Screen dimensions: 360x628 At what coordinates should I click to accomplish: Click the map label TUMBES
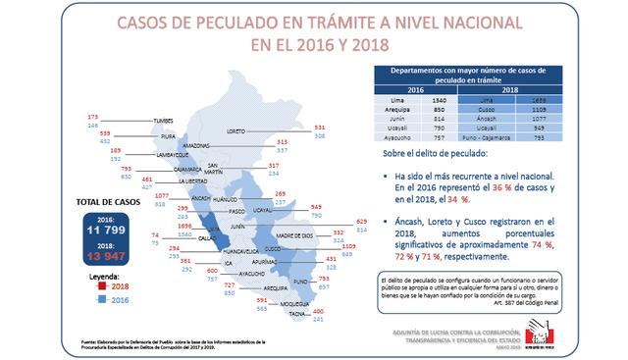point(163,121)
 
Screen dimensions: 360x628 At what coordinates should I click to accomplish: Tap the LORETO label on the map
point(262,130)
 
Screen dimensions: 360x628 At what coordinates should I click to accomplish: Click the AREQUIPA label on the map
point(275,289)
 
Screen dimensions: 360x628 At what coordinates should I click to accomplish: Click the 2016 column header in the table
point(415,89)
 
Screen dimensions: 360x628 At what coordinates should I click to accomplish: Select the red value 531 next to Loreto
point(346,128)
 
